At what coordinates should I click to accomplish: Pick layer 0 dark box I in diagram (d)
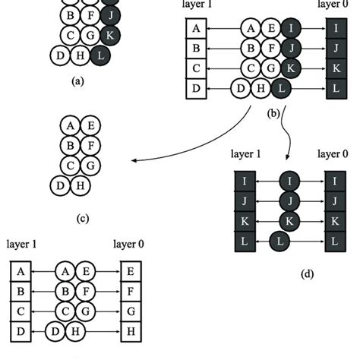point(334,182)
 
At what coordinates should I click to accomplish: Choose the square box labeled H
point(131,332)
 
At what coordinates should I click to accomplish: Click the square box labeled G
point(131,312)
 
